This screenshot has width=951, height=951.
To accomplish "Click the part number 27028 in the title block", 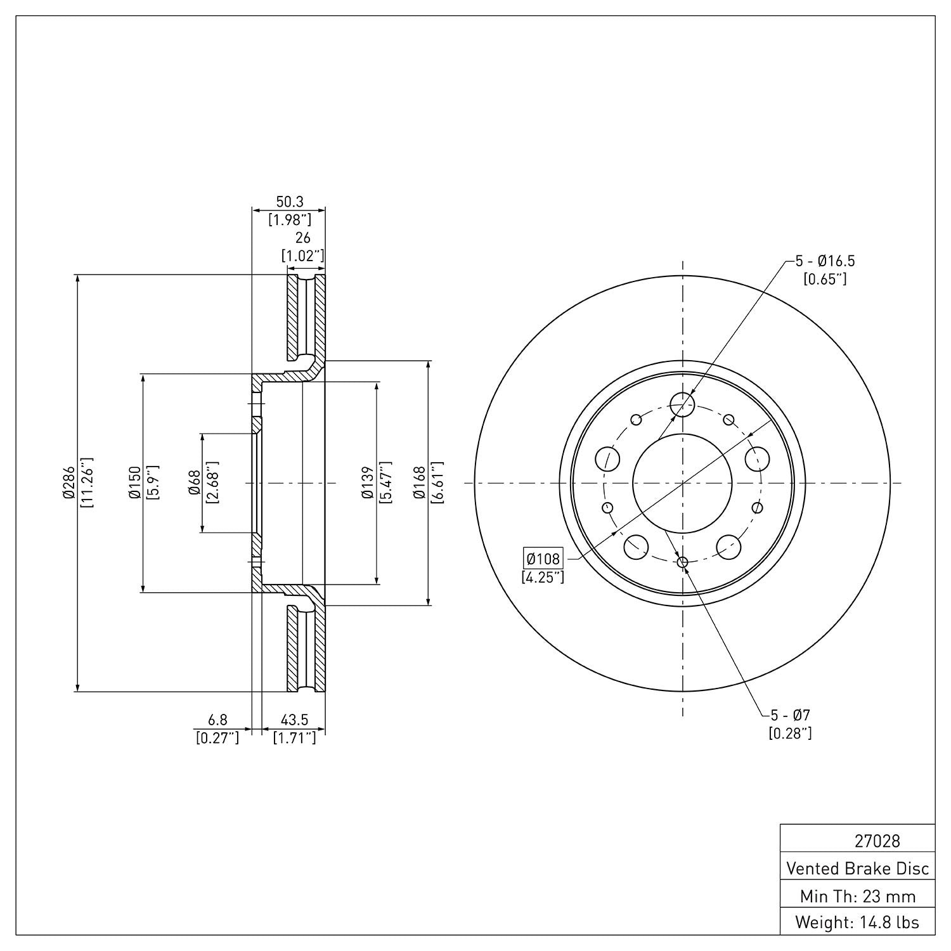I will click(877, 841).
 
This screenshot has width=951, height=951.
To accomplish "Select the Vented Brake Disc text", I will click(857, 868).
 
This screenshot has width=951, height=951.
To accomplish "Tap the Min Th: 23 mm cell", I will click(857, 896).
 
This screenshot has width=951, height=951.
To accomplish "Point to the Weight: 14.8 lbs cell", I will click(857, 922).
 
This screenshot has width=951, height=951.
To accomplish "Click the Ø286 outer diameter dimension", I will click(68, 483).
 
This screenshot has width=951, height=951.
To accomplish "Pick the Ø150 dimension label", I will click(134, 483).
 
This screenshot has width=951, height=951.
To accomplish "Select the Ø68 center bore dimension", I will click(195, 483).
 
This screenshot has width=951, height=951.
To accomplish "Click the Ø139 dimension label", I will click(368, 483).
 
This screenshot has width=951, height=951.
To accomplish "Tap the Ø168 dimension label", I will click(419, 483).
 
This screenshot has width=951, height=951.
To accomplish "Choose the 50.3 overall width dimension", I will click(289, 202).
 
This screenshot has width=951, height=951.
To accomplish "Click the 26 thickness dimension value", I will click(303, 238).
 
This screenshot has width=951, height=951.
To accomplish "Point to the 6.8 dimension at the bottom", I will click(217, 720).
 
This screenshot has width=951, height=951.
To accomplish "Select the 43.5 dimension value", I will click(294, 720).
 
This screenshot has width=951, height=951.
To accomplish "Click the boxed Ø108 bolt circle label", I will click(543, 559).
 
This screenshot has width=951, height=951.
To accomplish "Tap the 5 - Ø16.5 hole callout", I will click(825, 261).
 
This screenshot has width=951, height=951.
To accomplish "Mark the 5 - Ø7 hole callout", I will click(790, 715).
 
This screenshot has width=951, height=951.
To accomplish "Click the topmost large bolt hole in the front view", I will click(682, 403).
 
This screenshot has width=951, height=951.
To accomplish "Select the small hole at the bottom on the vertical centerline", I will click(682, 562).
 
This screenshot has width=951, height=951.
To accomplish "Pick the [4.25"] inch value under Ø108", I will click(542, 577).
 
